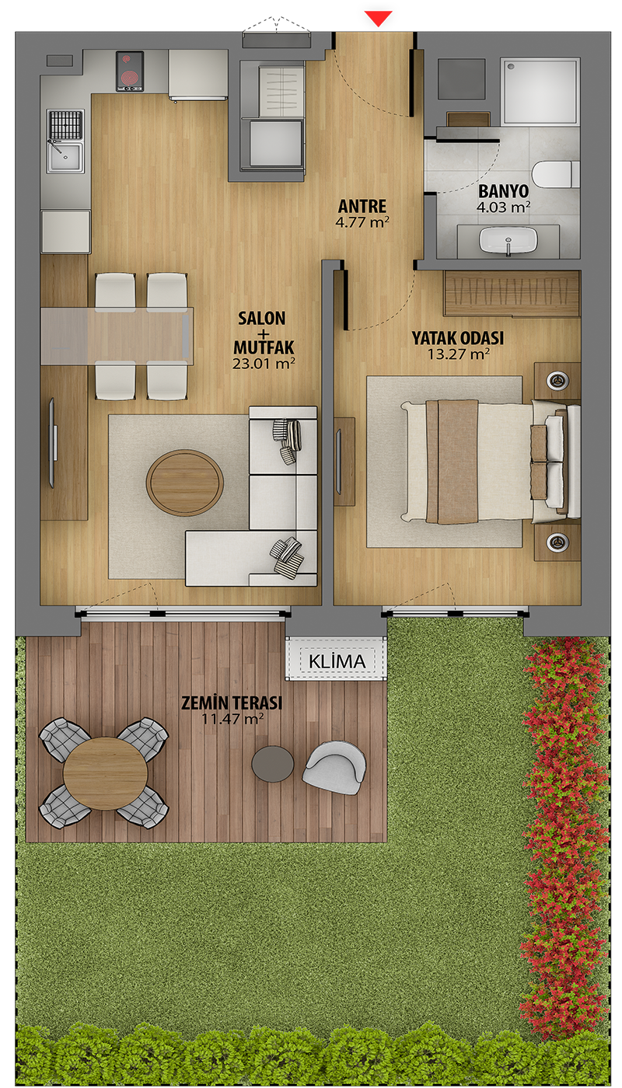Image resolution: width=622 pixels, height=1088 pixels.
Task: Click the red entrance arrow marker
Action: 379,19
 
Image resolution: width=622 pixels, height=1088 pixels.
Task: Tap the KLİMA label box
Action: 337,661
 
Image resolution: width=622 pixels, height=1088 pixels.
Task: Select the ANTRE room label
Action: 362,206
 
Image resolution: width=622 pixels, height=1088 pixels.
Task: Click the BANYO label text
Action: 504,191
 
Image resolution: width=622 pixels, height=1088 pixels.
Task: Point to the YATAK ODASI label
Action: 458,338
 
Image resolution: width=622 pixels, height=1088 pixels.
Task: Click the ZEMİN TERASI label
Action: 232,703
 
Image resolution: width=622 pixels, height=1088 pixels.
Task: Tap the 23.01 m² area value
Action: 264,364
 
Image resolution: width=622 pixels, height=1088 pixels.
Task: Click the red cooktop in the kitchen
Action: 130,71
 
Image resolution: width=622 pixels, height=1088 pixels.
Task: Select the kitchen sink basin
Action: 65,141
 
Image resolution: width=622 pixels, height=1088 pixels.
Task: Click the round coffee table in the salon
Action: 185,483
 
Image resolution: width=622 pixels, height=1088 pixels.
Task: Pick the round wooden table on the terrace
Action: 106,774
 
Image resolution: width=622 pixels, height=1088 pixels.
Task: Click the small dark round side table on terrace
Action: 273,764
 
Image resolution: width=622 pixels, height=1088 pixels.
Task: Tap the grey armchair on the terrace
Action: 334,768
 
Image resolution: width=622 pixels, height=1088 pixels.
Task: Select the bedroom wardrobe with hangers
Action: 512,294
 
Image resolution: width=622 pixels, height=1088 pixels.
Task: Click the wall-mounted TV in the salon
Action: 53,443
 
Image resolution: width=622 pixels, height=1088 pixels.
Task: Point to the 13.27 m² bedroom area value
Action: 458,354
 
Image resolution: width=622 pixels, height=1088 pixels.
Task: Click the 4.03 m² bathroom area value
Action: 504,207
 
